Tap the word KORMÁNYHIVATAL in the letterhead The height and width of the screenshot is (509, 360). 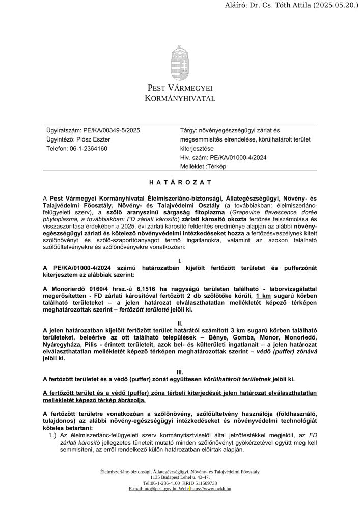click(x=180, y=98)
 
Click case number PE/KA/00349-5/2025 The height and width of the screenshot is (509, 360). click(x=109, y=130)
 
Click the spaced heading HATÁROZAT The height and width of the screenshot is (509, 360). click(x=180, y=182)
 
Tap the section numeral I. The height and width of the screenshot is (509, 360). click(x=180, y=261)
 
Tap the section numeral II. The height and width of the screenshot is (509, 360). click(x=180, y=323)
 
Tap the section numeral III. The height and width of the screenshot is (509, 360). click(x=180, y=372)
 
